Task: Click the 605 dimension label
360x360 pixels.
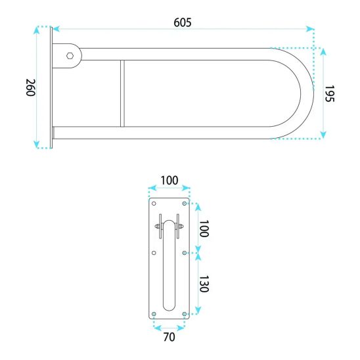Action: tap(182, 22)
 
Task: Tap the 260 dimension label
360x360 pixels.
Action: tap(30, 87)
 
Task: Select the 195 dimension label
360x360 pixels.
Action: tap(330, 93)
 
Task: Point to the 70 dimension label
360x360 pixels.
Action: tap(169, 337)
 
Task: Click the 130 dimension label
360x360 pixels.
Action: tap(204, 284)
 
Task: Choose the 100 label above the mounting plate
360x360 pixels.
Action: tap(169, 181)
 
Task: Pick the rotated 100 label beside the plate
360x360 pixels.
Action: tap(204, 229)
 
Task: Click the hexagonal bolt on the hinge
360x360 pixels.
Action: tap(70, 56)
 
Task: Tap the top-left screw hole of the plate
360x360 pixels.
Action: tap(154, 204)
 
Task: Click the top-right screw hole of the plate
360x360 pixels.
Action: tap(185, 204)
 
